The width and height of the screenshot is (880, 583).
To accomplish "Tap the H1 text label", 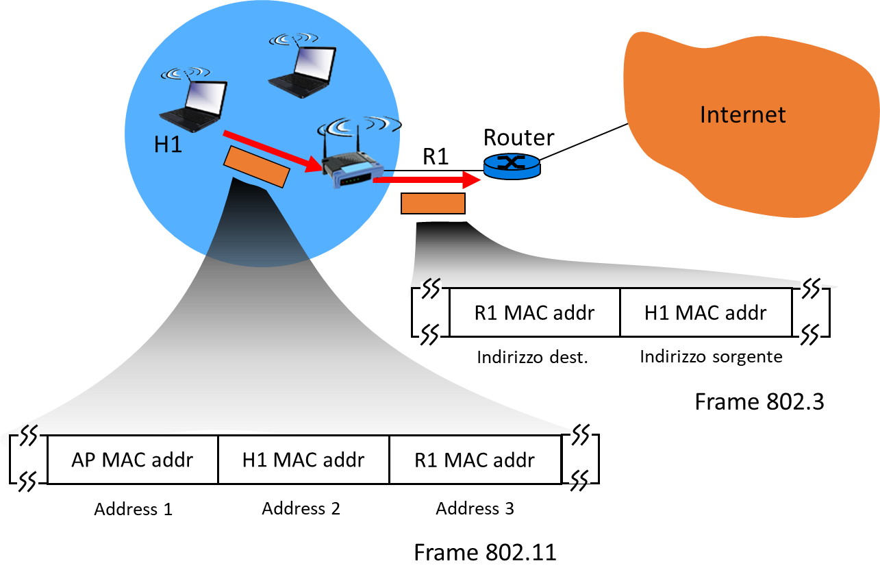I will point(168,145).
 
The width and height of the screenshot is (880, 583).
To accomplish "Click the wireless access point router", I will point(352,168).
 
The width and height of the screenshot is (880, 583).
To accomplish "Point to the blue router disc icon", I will point(511,166).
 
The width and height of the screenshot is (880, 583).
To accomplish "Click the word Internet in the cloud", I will point(742,114).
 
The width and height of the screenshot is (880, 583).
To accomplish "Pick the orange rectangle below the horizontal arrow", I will point(433,203).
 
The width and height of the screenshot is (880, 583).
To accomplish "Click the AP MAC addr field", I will point(133,460).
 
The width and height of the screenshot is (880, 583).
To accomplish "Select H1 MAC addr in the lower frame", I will point(303,460).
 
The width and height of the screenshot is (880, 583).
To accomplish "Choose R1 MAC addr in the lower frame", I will point(475,460).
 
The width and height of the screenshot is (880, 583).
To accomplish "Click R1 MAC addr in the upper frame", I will point(535,313).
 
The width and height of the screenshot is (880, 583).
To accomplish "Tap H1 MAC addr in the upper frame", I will point(705,313).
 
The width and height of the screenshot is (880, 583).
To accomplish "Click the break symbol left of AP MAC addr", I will point(29,458).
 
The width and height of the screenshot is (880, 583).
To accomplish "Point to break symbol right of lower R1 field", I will point(580,458).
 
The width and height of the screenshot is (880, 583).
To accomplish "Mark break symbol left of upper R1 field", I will point(431,311).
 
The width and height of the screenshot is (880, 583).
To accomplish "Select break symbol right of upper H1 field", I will point(811,311).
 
